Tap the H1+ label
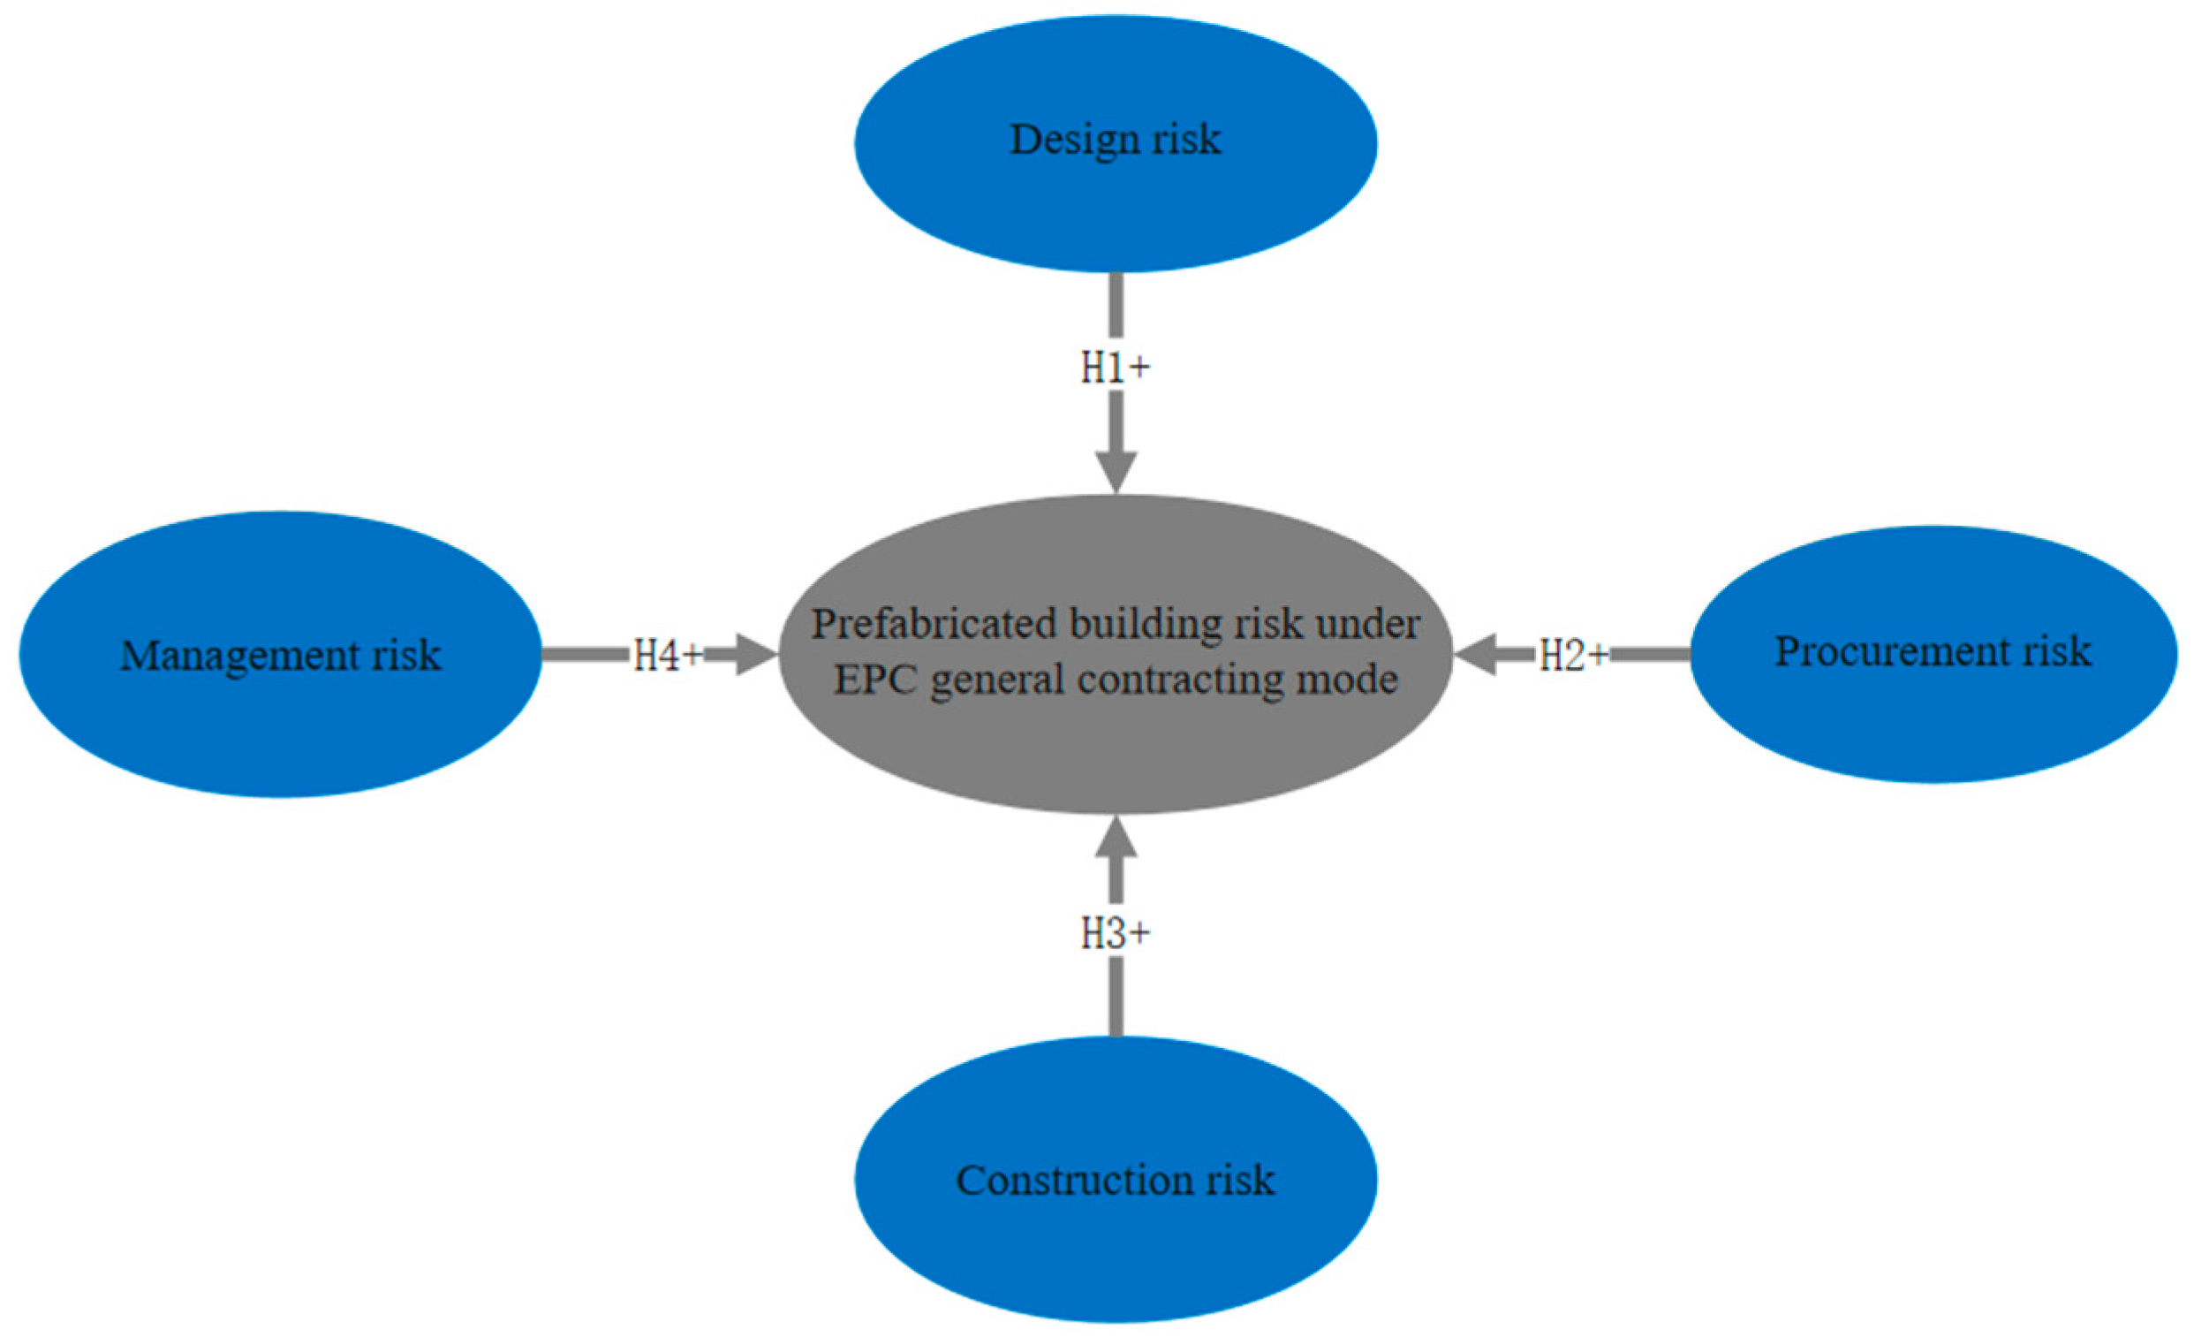pos(1116,367)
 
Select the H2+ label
pos(1573,655)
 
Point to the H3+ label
pos(1116,933)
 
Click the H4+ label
pos(668,656)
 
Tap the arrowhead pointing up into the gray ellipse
pos(1116,839)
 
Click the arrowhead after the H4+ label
pos(757,655)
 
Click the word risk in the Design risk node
pos(1190,141)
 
